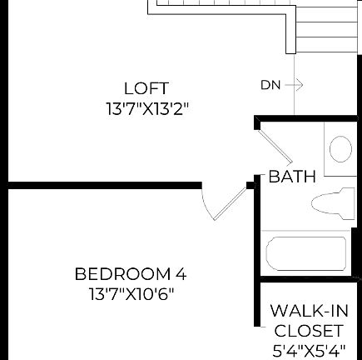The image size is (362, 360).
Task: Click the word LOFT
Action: point(146,88)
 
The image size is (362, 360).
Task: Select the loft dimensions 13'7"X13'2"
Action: point(146,108)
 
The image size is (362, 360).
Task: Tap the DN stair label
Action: point(270,85)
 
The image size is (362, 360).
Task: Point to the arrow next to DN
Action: point(296,85)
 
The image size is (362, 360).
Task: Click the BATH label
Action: point(292,177)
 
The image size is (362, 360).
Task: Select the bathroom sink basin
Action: point(340,150)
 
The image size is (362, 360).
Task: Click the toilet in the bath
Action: point(331,203)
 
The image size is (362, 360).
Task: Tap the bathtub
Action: point(305,254)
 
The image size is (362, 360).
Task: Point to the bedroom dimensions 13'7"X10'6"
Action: point(131,294)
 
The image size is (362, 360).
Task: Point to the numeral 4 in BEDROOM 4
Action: point(181,274)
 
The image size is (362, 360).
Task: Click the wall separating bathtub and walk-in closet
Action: point(308,278)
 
